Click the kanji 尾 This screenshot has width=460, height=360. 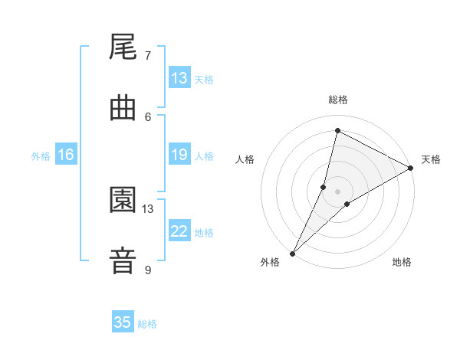(x=123, y=47)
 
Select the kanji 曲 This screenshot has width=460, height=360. (x=123, y=108)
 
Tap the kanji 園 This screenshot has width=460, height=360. (x=123, y=200)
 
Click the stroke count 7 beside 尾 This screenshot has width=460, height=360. (x=148, y=55)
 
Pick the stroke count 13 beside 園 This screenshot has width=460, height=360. (x=148, y=208)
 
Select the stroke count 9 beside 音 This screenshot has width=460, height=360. (x=148, y=270)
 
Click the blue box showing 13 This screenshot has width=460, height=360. (x=179, y=78)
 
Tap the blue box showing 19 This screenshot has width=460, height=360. (x=179, y=155)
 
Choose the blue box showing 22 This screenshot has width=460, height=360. (x=179, y=231)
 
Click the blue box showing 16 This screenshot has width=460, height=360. (x=66, y=155)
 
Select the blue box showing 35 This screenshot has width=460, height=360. (x=123, y=322)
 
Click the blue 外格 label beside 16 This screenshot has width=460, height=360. (x=41, y=155)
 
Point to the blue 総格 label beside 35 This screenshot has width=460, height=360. (x=147, y=324)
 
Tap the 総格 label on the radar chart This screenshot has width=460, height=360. (x=338, y=100)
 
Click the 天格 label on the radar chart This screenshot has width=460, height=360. (x=432, y=159)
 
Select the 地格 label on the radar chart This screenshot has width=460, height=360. (x=402, y=262)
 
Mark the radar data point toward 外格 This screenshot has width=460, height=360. (x=293, y=253)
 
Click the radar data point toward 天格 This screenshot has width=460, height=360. (x=411, y=169)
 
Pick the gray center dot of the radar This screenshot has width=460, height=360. (x=338, y=191)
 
